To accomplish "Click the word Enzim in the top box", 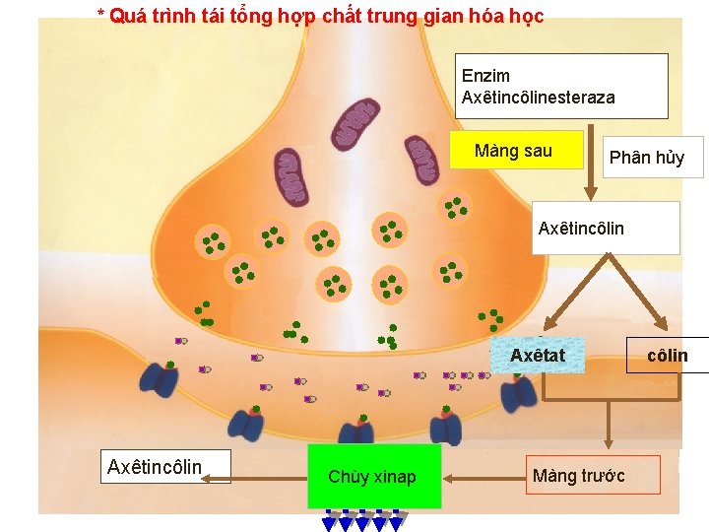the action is (485, 76).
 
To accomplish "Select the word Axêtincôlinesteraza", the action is (538, 98).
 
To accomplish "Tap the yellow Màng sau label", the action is (513, 151).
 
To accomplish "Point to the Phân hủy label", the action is (646, 158).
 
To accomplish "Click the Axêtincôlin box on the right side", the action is (581, 229).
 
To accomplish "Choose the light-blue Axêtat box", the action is (538, 355).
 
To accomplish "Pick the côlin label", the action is (667, 356).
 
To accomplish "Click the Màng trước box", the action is (578, 476).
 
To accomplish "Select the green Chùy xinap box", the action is (372, 477).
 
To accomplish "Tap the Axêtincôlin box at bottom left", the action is (155, 466).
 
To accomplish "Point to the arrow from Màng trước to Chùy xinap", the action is (483, 478).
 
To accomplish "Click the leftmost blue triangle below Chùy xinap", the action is (331, 523).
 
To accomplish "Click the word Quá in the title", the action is (123, 16).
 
